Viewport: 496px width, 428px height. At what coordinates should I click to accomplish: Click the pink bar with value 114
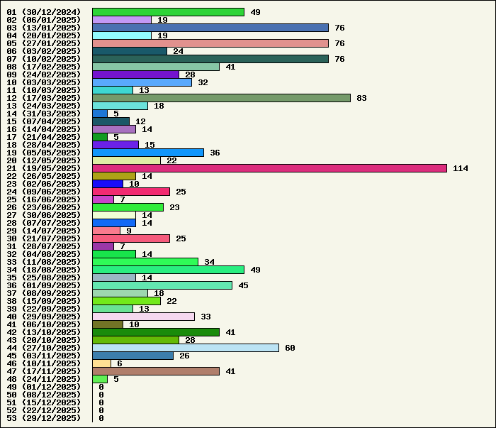tap(269, 168)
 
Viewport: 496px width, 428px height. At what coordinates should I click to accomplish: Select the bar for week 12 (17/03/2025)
tap(221, 98)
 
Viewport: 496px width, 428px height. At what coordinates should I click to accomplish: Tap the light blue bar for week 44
tap(186, 348)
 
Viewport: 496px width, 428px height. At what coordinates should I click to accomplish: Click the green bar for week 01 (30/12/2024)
tap(168, 12)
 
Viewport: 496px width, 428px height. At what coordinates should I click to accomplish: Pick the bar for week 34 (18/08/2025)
tap(168, 270)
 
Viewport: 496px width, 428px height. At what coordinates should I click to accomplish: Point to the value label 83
tap(361, 98)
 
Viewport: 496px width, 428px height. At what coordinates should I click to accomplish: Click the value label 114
tap(461, 168)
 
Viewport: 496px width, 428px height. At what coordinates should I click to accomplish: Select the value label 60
tap(290, 348)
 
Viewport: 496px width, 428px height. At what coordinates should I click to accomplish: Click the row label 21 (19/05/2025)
tap(44, 168)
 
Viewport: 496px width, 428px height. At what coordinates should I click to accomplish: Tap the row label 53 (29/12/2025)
tap(44, 418)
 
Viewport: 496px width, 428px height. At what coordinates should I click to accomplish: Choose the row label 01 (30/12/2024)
tap(44, 12)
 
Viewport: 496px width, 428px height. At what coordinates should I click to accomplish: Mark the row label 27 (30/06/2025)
tap(44, 215)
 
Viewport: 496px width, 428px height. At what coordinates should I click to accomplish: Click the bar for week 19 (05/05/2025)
tap(148, 153)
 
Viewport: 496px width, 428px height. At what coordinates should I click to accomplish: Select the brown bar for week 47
tap(156, 371)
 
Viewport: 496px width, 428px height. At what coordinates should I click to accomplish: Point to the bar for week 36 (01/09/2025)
tap(162, 285)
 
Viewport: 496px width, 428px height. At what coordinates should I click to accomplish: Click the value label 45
tap(243, 285)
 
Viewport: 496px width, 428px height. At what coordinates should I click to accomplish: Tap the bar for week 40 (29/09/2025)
tap(143, 317)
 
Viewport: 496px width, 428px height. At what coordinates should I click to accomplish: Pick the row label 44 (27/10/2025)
tap(44, 348)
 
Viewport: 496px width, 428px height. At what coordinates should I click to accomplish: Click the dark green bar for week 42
tap(156, 332)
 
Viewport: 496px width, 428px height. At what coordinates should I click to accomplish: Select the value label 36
tap(215, 153)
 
